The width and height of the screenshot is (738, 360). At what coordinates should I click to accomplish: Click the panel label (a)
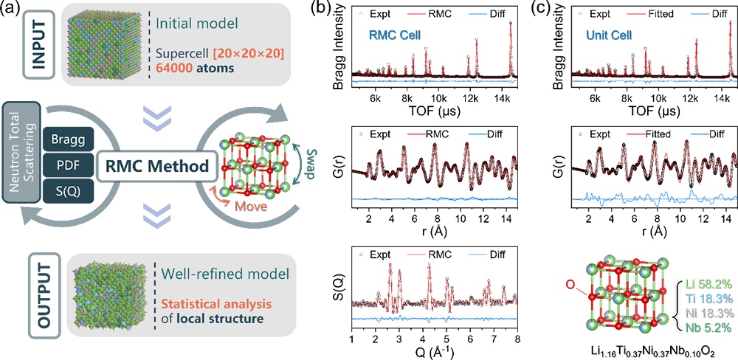coord(15,10)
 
